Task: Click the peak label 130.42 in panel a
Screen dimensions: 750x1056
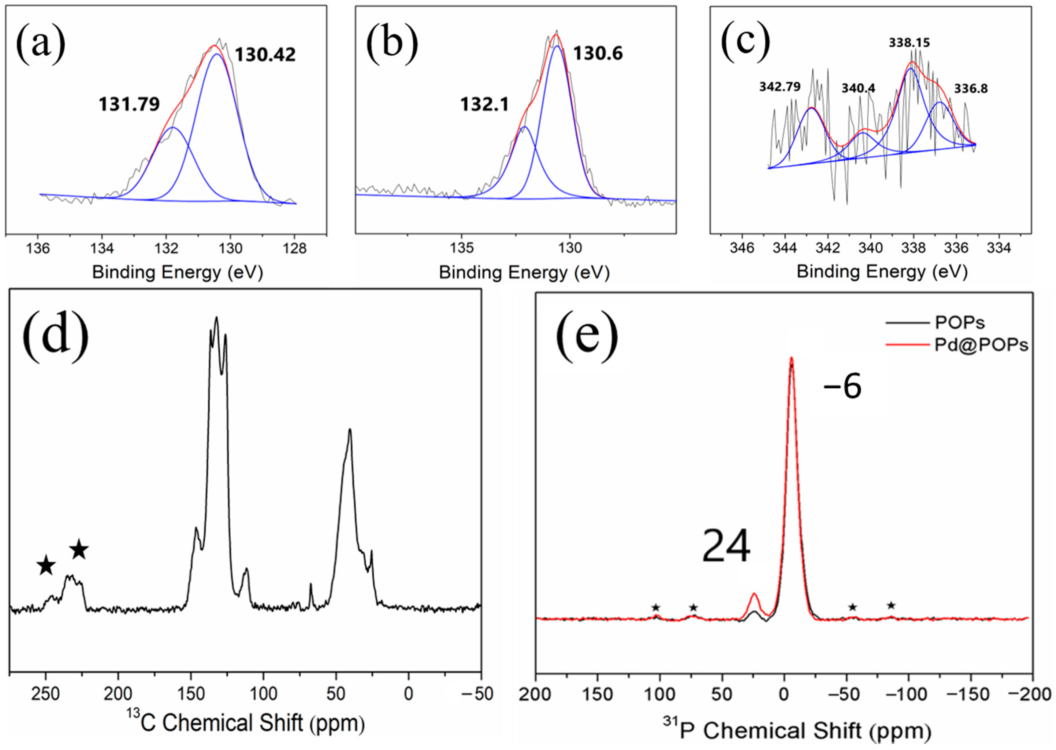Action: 265,55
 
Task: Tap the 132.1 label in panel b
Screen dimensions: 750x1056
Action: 484,104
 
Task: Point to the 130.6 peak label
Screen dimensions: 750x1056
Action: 598,54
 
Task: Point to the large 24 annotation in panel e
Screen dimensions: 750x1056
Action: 726,546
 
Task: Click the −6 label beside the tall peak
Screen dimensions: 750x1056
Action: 842,387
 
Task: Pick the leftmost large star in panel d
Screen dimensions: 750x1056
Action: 46,566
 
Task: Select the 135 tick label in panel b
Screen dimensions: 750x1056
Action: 462,248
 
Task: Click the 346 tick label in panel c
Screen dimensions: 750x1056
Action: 742,248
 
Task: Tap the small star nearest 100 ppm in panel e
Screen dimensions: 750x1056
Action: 655,607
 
